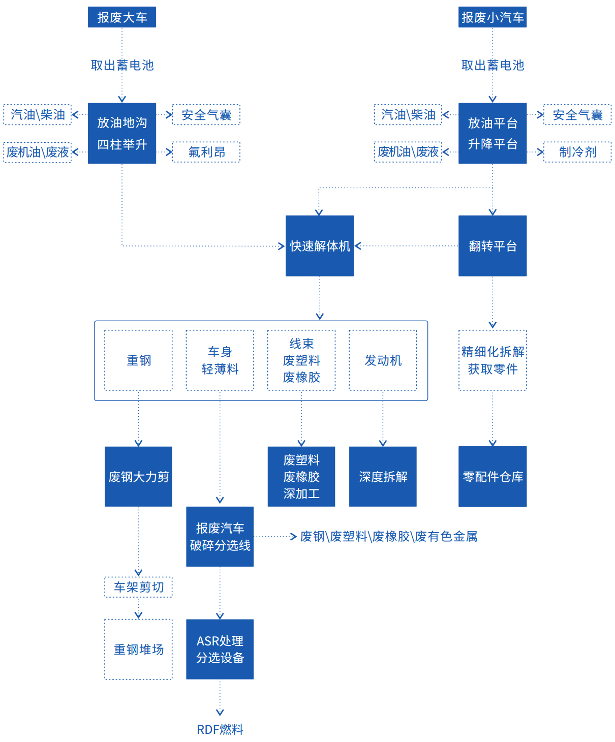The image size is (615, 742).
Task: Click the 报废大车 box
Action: (x=122, y=17)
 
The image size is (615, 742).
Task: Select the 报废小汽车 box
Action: (x=492, y=17)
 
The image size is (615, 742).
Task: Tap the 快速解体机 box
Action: (x=320, y=246)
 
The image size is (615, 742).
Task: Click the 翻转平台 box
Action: (x=492, y=246)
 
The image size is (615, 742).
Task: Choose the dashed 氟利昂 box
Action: (x=206, y=152)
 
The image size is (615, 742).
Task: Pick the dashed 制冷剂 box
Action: (x=577, y=152)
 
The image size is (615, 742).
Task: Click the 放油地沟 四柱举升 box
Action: (x=122, y=133)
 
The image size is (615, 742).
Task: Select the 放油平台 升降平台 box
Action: (x=492, y=133)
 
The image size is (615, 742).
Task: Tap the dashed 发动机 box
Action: (x=383, y=360)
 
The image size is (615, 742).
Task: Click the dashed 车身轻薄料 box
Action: (x=220, y=360)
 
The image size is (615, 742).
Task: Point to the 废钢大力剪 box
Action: (x=138, y=477)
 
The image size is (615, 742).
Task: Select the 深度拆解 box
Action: (x=383, y=477)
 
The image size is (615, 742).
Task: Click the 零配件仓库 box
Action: (x=492, y=477)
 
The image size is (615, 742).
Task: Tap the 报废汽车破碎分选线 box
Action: (x=220, y=537)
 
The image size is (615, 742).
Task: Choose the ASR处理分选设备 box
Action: (x=220, y=649)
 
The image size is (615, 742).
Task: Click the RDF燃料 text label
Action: (x=220, y=729)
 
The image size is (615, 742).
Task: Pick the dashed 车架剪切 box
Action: (x=138, y=587)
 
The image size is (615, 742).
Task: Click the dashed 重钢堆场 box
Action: (x=138, y=649)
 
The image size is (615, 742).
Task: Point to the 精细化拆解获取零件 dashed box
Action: (x=492, y=360)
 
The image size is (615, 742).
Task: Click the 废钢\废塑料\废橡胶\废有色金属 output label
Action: (x=388, y=537)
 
